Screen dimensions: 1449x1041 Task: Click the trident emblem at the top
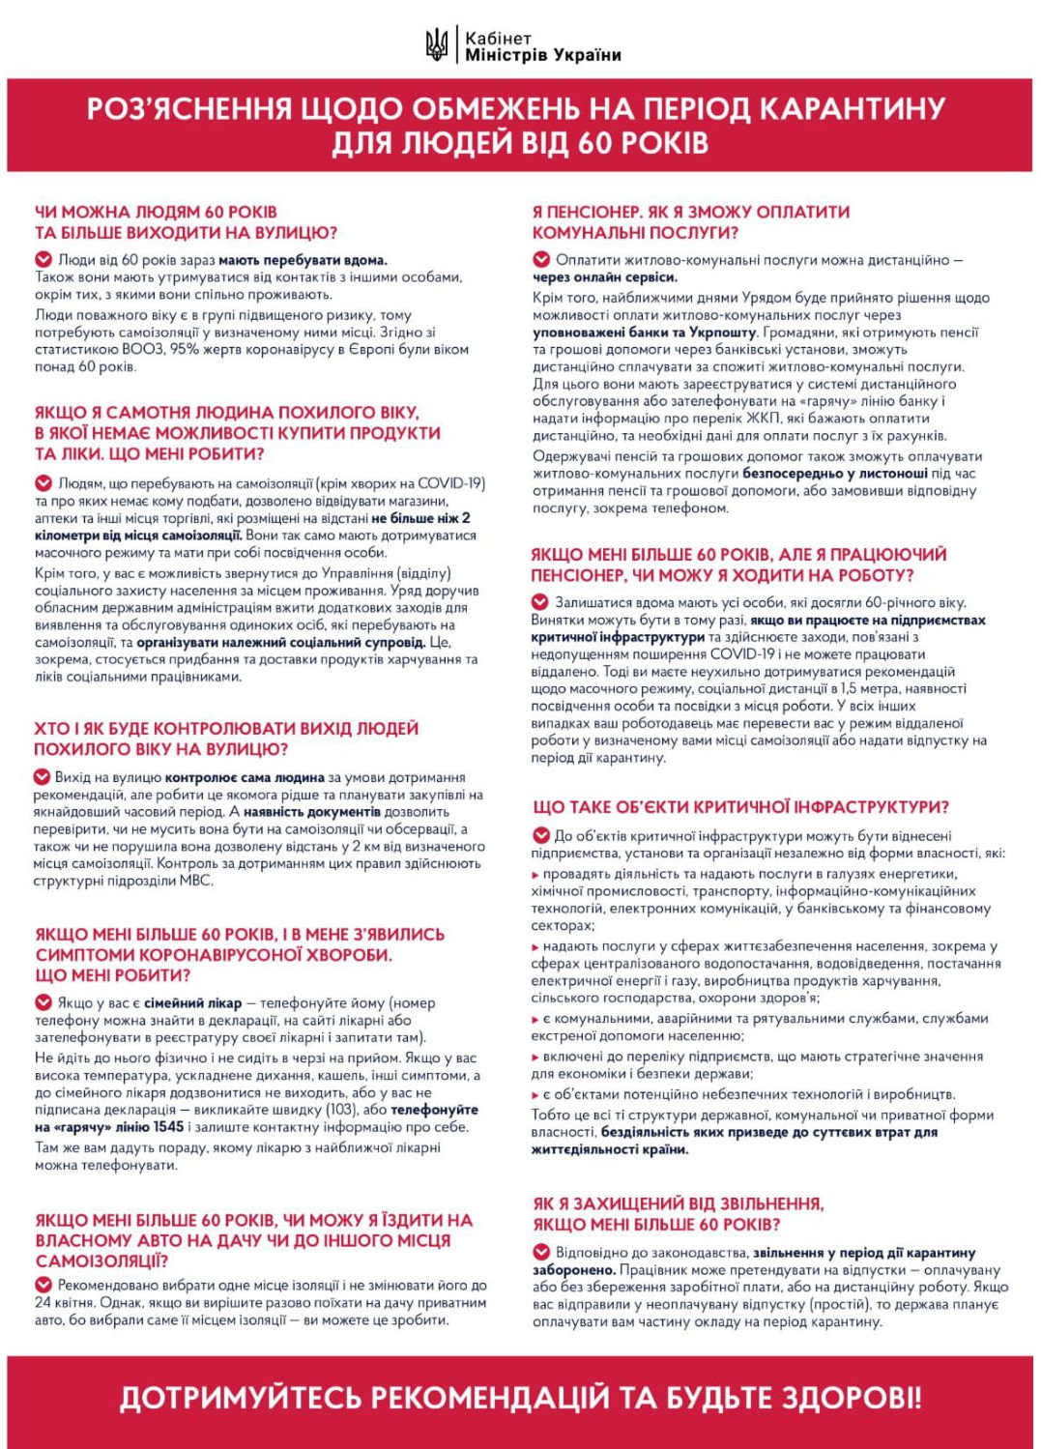coord(437,45)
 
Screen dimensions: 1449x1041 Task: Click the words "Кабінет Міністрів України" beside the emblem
coord(542,46)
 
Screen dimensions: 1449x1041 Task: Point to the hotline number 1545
coord(168,1127)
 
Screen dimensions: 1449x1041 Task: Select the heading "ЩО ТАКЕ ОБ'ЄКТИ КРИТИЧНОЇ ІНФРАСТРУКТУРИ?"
coord(740,807)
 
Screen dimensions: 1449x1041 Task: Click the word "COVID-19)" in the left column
coord(453,483)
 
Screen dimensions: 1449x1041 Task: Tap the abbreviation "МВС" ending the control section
coord(196,881)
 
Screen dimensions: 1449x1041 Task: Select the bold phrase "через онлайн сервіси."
coord(604,277)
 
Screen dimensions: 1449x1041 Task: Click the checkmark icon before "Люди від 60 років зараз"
coord(43,259)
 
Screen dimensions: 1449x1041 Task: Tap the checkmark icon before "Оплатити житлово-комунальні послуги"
coord(541,259)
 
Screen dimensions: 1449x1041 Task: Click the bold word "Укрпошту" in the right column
coord(726,333)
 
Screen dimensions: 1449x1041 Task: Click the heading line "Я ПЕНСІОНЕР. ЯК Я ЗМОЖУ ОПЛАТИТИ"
coord(691,212)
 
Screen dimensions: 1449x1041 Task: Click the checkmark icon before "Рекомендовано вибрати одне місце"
coord(43,1285)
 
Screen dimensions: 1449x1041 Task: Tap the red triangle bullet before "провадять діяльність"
coord(535,875)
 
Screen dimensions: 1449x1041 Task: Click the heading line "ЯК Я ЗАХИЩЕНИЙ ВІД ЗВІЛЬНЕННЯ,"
coord(679,1203)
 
